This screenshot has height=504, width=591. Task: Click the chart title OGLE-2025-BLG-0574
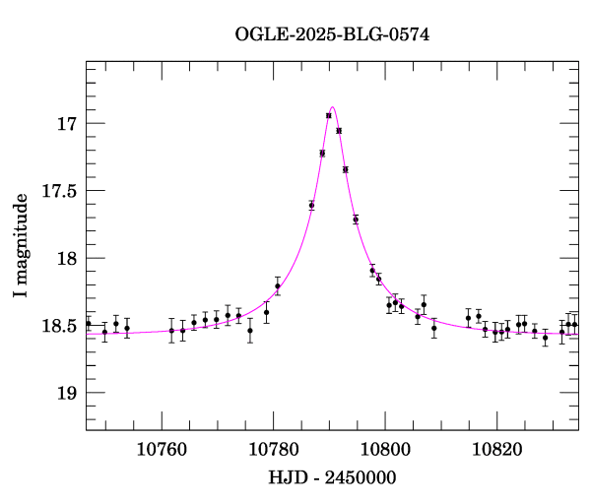tap(332, 34)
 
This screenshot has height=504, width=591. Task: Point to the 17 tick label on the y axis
tap(66, 124)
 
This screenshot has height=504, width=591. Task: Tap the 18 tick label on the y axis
tap(66, 259)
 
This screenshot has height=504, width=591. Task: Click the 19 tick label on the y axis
tap(66, 393)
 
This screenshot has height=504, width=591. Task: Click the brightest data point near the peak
tap(328, 115)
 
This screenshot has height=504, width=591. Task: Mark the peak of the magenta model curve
tap(333, 107)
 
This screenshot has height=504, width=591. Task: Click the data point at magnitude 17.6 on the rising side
tap(311, 205)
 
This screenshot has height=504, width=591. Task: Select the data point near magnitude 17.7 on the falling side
tap(356, 219)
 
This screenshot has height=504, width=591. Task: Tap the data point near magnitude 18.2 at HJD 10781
tap(278, 285)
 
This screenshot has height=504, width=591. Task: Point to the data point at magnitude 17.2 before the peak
tap(322, 153)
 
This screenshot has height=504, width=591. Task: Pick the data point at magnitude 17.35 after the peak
tap(345, 169)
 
